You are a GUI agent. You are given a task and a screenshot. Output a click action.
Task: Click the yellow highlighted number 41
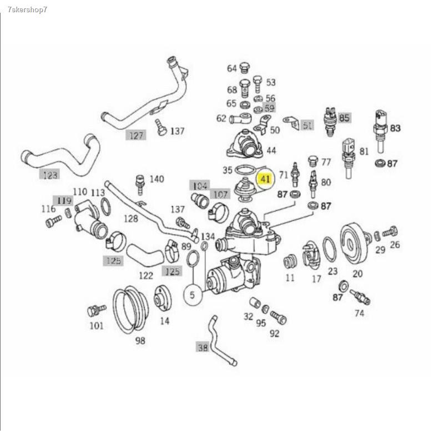pos(265,179)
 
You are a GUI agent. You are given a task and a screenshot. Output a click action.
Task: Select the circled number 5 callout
pos(193,295)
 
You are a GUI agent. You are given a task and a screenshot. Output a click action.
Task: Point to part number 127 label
pos(136,135)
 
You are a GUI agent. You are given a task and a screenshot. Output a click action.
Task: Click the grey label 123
pos(49,175)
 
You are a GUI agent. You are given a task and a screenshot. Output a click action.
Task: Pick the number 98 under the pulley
pos(140,340)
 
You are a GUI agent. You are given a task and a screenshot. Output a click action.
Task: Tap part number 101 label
pos(97,325)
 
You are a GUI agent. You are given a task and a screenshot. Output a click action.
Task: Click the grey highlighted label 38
pos(203,348)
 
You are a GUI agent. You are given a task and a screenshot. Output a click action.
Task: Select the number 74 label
pos(359,313)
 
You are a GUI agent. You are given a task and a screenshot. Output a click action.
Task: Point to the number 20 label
pos(357,273)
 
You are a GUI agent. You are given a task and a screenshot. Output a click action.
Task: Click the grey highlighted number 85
pos(345,118)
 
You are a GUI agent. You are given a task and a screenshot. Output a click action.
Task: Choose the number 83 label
pos(395,128)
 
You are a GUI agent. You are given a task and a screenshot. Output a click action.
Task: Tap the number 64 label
pos(231,69)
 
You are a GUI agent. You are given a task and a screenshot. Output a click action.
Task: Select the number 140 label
pos(157,179)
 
